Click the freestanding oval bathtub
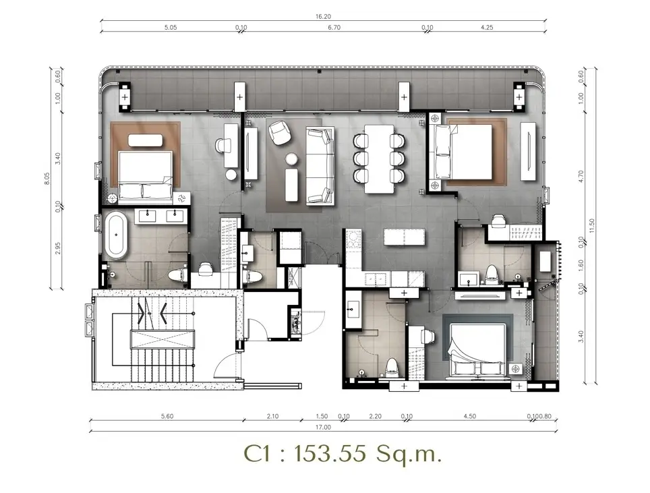pos(116,235)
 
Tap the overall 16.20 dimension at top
pos(323,17)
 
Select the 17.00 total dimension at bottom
pos(323,427)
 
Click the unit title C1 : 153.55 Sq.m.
pos(343,454)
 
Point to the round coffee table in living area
pos(291,158)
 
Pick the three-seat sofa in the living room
pos(320,166)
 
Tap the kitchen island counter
pos(404,237)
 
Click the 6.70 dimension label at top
pos(334,28)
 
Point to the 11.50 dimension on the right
pos(592,225)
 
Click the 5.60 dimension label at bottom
pos(167,416)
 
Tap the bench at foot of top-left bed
pos(145,140)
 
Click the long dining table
pos(380,158)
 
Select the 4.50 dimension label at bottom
pos(470,416)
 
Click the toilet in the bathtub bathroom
pos(177,276)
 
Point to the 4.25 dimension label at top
pos(487,28)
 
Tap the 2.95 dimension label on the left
pos(58,248)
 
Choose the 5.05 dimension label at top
pos(171,28)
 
